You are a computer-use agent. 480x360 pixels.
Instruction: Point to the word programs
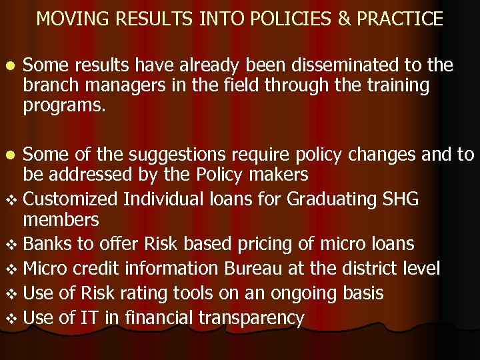64,105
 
